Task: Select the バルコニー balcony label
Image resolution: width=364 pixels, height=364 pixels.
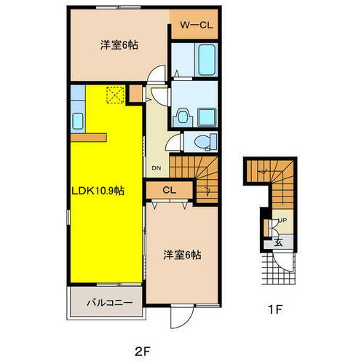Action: [x=105, y=301]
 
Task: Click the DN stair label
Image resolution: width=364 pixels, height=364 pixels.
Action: [x=157, y=168]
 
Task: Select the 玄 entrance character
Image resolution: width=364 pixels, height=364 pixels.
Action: [x=277, y=242]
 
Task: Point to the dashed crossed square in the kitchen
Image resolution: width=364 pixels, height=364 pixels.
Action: [x=114, y=95]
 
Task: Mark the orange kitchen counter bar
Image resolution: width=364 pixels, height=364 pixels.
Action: [x=89, y=136]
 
